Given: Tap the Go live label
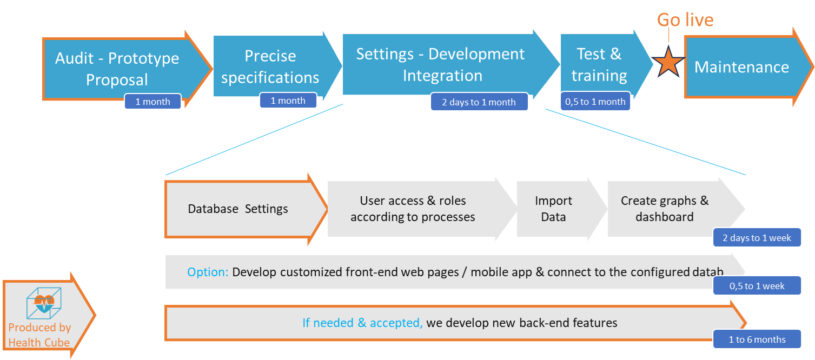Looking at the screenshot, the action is point(685,19).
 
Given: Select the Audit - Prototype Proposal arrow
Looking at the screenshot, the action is point(124,69).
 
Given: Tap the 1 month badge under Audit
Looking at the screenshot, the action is point(153,102).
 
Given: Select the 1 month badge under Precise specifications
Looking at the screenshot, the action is point(288,101).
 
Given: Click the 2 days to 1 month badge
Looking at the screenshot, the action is point(479,102).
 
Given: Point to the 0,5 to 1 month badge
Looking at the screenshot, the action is point(595,102).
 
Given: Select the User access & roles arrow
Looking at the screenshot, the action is point(419,209).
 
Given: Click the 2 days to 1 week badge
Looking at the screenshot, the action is point(757,237).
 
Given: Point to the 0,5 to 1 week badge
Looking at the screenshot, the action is point(757,286).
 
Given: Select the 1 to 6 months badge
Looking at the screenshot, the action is point(757,339).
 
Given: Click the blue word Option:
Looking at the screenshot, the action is point(208,272).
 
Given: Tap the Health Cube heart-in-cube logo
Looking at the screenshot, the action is point(44,303).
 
